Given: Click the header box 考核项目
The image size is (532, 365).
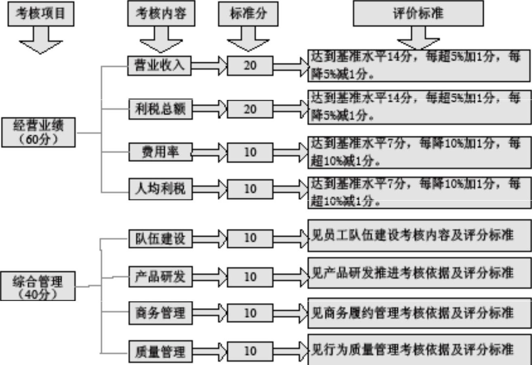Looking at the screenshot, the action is (41, 14).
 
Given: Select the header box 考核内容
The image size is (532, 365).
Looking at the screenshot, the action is (161, 13).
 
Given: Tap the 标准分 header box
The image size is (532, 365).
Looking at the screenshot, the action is (248, 14).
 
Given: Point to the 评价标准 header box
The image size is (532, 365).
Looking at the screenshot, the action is (418, 13).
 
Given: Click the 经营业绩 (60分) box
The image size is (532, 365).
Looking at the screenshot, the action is (38, 132).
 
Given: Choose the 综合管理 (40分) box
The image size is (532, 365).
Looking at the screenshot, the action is (38, 286).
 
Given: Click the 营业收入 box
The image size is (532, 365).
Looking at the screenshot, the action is (159, 66).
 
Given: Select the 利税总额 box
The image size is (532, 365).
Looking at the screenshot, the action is (161, 109).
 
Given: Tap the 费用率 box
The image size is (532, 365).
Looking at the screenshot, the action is (161, 152).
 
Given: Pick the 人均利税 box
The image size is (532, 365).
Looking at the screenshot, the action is (161, 189).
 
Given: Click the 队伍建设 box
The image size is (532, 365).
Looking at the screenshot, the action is (161, 238).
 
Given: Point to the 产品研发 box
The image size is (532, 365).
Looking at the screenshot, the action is (161, 277).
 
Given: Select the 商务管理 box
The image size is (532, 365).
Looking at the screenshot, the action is (161, 313).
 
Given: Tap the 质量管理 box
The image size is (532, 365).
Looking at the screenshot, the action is (161, 351).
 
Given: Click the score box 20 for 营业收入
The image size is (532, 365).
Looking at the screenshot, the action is (250, 66).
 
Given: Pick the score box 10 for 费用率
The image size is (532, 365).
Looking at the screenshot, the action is (250, 152).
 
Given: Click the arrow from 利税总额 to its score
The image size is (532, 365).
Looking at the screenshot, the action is (210, 109).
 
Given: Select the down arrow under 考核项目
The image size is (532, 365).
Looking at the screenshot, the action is (41, 40).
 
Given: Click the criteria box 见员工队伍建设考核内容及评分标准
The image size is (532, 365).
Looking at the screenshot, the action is (419, 236).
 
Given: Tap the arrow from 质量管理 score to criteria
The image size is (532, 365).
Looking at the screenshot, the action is (291, 351).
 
